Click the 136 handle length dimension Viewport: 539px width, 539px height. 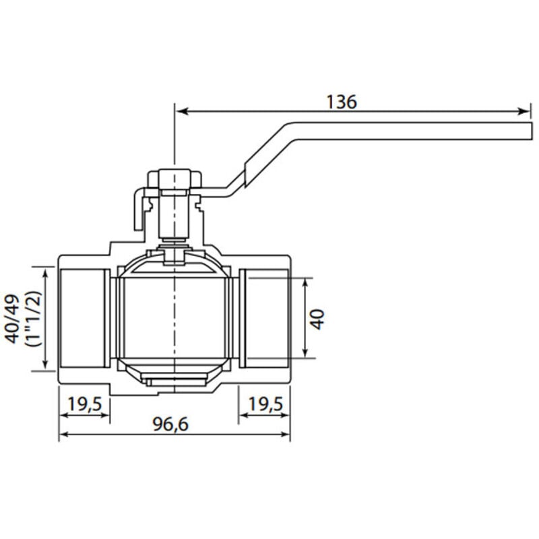[x=342, y=102]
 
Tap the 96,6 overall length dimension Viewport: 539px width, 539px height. [x=170, y=424]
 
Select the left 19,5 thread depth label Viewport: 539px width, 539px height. [x=85, y=404]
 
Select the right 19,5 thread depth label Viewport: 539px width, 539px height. [x=265, y=404]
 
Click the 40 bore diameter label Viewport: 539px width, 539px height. [x=317, y=319]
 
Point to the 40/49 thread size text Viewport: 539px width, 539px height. [x=13, y=319]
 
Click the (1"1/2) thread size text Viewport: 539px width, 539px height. [x=33, y=319]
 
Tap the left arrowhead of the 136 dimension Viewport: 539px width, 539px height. [x=181, y=111]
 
